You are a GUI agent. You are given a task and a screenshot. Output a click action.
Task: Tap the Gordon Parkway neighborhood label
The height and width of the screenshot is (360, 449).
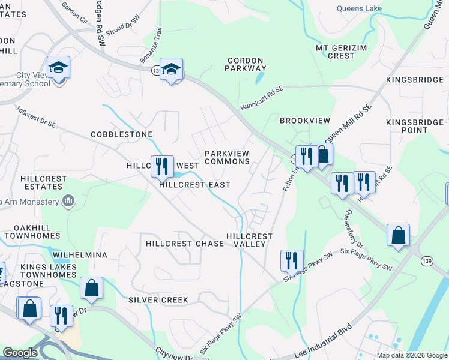(245, 65)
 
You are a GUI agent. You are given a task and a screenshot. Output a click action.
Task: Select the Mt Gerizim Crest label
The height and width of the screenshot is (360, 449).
(341, 52)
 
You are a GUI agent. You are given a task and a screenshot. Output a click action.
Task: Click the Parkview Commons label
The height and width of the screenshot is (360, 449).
(227, 157)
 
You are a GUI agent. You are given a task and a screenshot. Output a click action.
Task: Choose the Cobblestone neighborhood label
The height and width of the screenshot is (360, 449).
(121, 134)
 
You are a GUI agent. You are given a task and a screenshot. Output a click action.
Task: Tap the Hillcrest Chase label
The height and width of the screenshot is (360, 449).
(185, 244)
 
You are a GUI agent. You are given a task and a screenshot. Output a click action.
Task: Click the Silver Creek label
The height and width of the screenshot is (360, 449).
(158, 299)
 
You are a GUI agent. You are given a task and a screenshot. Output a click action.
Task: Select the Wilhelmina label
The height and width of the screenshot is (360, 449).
(79, 255)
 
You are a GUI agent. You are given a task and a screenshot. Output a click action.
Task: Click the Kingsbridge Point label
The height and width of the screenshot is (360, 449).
(415, 126)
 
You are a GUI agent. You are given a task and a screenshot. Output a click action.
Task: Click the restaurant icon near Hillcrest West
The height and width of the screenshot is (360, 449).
(161, 165)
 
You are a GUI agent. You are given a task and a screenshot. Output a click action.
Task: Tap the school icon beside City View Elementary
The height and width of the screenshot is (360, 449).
(59, 67)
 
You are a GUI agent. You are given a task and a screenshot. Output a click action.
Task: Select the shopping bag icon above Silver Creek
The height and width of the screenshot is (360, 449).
(91, 288)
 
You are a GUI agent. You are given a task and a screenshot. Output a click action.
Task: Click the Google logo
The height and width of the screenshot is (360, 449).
(20, 353)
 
